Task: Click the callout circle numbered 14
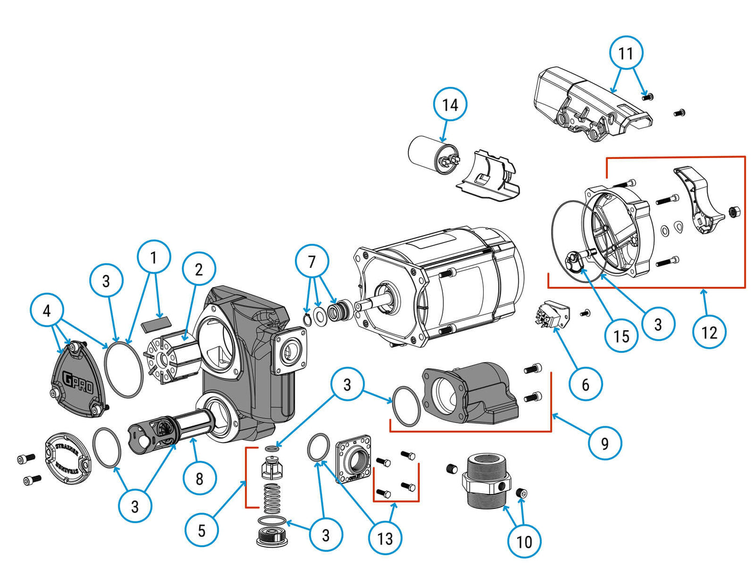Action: (450, 104)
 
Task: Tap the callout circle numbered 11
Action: (626, 53)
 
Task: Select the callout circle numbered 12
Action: (709, 332)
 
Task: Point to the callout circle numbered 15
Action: (621, 336)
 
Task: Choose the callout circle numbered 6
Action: (585, 384)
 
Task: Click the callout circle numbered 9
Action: (605, 443)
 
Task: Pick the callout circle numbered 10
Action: (524, 541)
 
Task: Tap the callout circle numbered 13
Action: (385, 538)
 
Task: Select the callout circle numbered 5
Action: (201, 530)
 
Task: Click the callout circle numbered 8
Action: (199, 478)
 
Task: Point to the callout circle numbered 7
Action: (312, 261)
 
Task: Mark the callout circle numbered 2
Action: (199, 269)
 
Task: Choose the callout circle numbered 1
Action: (154, 257)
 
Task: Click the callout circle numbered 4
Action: (47, 310)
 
